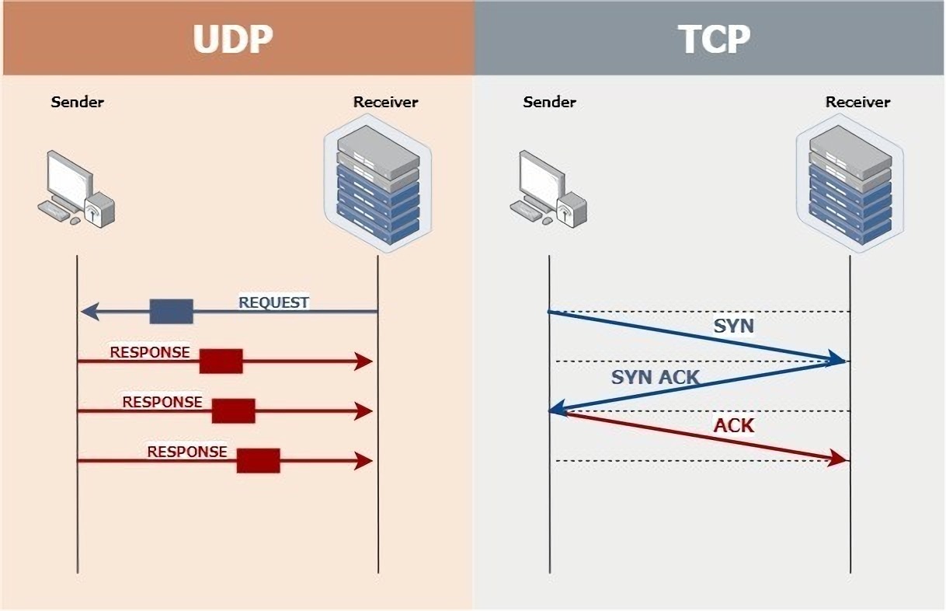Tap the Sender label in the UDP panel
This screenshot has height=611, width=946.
78,102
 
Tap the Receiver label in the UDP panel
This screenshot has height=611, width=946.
385,102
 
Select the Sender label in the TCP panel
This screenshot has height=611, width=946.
550,102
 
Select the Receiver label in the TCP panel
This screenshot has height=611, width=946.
857,102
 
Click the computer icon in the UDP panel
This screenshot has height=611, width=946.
75,189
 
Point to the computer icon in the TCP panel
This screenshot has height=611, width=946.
548,189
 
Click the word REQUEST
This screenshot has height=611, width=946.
273,302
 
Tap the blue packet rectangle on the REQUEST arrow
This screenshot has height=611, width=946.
171,311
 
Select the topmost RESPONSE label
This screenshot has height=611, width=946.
150,352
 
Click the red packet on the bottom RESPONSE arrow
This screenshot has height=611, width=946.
258,460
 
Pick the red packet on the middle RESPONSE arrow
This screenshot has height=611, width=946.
233,410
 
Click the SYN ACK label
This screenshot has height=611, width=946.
655,378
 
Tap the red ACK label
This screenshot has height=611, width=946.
734,426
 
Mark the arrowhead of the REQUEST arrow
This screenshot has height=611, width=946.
89,312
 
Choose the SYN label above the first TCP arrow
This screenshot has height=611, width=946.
733,326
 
